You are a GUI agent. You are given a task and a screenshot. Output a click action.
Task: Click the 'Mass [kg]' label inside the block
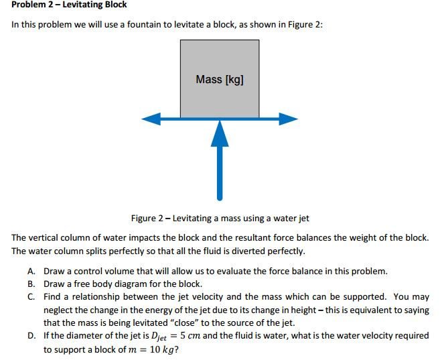pyautogui.click(x=220, y=80)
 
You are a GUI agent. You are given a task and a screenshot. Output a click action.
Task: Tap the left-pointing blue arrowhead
pyautogui.click(x=149, y=119)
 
